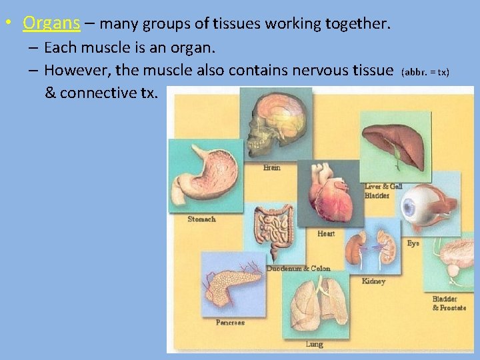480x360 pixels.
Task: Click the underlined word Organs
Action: pos(51,23)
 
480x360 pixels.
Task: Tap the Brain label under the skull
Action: pos(271,167)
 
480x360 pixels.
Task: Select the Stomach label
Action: pos(201,219)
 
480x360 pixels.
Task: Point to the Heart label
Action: pos(326,233)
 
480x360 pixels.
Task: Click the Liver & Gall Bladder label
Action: pos(383,191)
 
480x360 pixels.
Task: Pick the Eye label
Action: pos(413,243)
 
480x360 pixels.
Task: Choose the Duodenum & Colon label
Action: pos(298,268)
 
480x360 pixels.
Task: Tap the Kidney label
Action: pos(373,281)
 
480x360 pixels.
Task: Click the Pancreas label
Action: pos(230,322)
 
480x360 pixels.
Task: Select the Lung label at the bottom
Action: pos(314,344)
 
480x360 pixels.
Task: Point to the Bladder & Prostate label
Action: pos(449,303)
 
